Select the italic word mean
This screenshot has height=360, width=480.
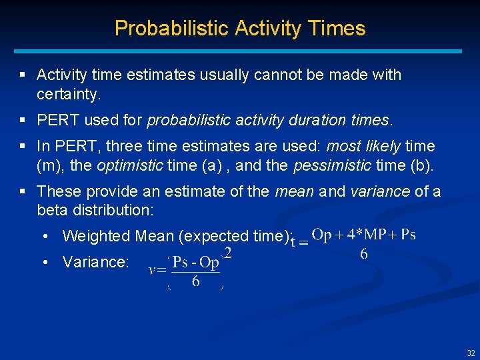(294, 192)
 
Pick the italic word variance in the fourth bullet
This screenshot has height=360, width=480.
(379, 192)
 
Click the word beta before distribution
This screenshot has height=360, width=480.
(53, 211)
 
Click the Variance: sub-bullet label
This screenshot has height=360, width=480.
(95, 262)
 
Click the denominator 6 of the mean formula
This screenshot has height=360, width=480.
(364, 254)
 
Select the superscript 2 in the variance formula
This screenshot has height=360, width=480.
(228, 253)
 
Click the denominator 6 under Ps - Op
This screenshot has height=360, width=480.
(195, 281)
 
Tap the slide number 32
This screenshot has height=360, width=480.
(471, 353)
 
